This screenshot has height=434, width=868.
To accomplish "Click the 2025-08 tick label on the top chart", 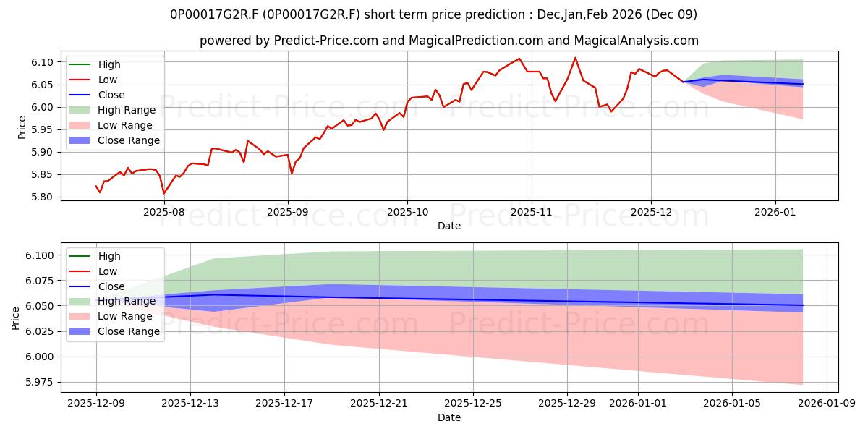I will [163, 213].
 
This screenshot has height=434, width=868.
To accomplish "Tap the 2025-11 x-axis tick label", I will [532, 213].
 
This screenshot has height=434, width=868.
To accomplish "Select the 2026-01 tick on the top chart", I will [775, 213].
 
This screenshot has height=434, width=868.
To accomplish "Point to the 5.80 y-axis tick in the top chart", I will [45, 197].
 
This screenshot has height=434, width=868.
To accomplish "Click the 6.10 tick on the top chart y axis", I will [45, 62].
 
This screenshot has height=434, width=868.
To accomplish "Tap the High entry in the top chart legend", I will [109, 64].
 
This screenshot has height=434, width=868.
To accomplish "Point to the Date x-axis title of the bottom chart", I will [448, 417].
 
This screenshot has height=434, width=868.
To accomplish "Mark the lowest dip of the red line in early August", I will [163, 193].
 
